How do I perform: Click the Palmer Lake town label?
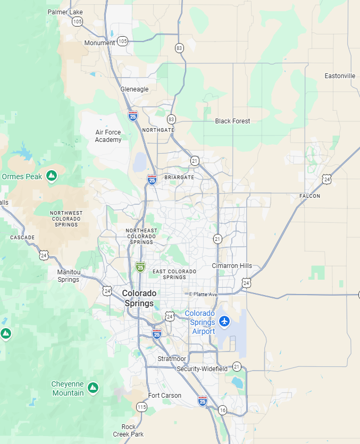tap(65, 12)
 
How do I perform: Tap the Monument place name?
tap(99, 43)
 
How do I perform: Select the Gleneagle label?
tap(135, 89)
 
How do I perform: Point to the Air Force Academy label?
tap(108, 136)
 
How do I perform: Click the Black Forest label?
tap(232, 121)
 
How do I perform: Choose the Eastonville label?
tap(340, 76)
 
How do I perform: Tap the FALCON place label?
tap(309, 196)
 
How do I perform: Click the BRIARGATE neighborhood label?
tap(179, 178)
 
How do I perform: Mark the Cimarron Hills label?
tap(232, 266)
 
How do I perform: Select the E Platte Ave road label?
tap(204, 294)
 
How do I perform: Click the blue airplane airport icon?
tap(224, 321)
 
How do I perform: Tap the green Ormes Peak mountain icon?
tap(52, 176)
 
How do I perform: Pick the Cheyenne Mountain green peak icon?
tap(93, 388)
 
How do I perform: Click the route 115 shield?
tap(141, 407)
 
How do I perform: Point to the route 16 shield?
tap(222, 410)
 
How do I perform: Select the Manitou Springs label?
tap(68, 276)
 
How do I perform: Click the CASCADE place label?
tap(22, 238)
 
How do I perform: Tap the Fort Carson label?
tap(164, 396)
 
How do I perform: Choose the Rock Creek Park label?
tap(128, 431)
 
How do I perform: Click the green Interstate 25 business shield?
tap(140, 267)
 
